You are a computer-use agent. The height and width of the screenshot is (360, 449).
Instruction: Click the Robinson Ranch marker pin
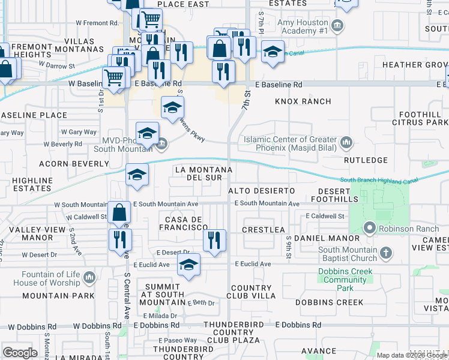[x=370, y=228]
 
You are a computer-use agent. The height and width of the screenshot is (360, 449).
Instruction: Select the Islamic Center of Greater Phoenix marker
[x=346, y=143]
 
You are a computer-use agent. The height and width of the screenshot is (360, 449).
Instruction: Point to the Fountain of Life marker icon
[x=89, y=277]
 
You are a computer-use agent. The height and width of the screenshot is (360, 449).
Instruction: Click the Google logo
[x=20, y=352]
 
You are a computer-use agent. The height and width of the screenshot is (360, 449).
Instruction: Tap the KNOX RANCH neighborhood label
[x=303, y=101]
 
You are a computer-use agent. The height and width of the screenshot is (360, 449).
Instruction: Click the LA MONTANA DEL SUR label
[x=203, y=174]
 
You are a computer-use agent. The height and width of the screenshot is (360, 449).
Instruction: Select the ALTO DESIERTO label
[x=261, y=190]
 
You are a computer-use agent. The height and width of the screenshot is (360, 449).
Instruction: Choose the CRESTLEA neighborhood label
[x=263, y=230]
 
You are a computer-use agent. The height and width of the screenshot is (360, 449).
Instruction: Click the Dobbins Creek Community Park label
[x=345, y=280]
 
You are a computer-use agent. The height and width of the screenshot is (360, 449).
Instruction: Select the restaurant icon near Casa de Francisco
[x=214, y=241]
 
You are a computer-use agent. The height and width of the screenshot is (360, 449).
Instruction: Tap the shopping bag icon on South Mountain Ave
[x=120, y=212]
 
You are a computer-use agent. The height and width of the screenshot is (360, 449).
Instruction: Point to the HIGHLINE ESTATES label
[x=29, y=184]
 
